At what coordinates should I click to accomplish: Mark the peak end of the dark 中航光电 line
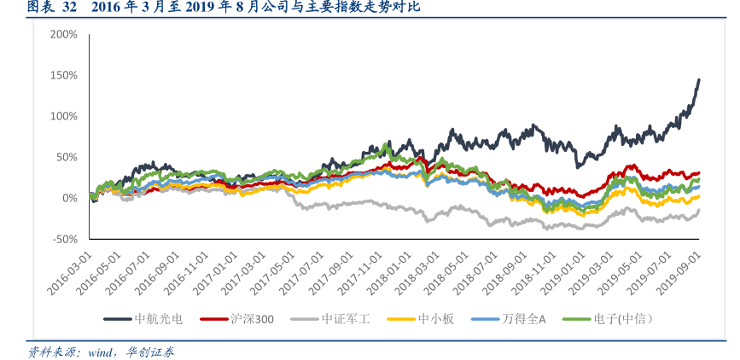pos(699,80)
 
